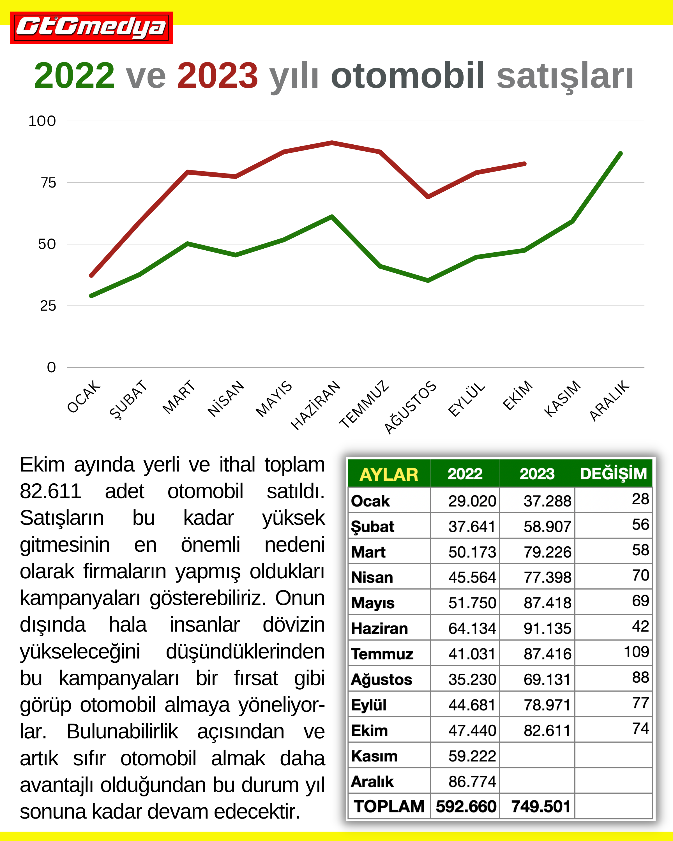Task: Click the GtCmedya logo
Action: (91, 28)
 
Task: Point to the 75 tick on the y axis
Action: (49, 182)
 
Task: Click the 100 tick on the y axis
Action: (42, 121)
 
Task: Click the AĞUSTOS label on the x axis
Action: (411, 407)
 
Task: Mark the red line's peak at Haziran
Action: (332, 143)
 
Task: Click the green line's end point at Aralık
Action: (620, 153)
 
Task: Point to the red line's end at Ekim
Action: (524, 164)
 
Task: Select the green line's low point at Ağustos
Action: (428, 280)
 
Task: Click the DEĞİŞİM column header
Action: (613, 473)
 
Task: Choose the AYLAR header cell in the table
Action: (389, 474)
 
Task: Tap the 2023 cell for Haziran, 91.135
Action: (547, 629)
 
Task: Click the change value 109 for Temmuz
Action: (636, 652)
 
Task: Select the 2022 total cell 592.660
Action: (466, 806)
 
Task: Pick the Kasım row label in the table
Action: (374, 756)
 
